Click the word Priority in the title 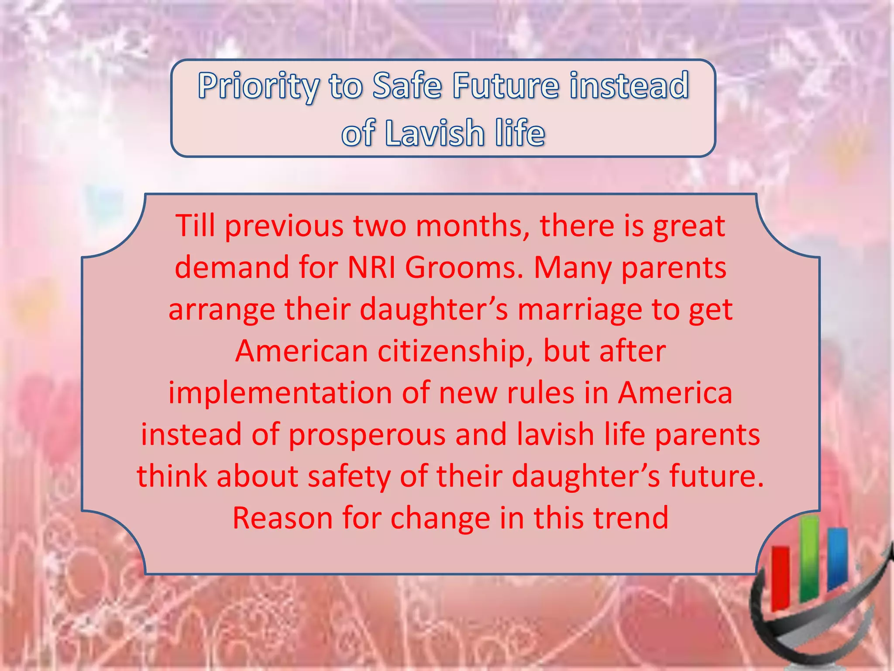(x=258, y=86)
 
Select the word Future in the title (x=505, y=85)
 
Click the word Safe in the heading (x=407, y=85)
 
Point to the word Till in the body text (x=195, y=226)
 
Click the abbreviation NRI (x=371, y=267)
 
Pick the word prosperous (x=367, y=435)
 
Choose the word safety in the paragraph (x=349, y=476)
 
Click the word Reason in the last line (x=282, y=518)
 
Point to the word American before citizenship (x=302, y=351)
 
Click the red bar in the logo (x=780, y=577)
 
